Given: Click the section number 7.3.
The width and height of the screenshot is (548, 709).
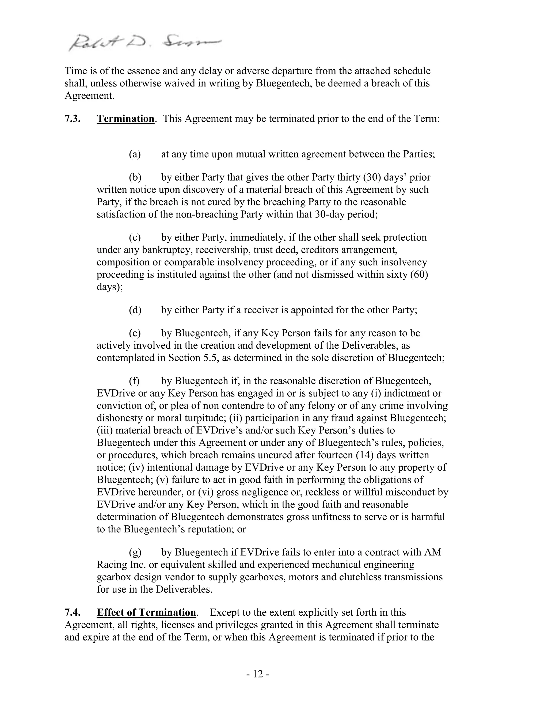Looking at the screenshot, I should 73,119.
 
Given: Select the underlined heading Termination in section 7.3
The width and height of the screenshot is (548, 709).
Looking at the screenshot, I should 125,119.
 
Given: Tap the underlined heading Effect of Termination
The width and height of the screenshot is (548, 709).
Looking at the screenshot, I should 146,612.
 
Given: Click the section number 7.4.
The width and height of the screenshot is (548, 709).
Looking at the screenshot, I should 73,612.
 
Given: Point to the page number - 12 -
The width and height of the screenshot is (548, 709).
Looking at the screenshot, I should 258,674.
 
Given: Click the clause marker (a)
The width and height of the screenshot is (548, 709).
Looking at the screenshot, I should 135,154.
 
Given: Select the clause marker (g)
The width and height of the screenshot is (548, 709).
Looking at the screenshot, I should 135,552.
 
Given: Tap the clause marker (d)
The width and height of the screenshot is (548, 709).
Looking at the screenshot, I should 135,310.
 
